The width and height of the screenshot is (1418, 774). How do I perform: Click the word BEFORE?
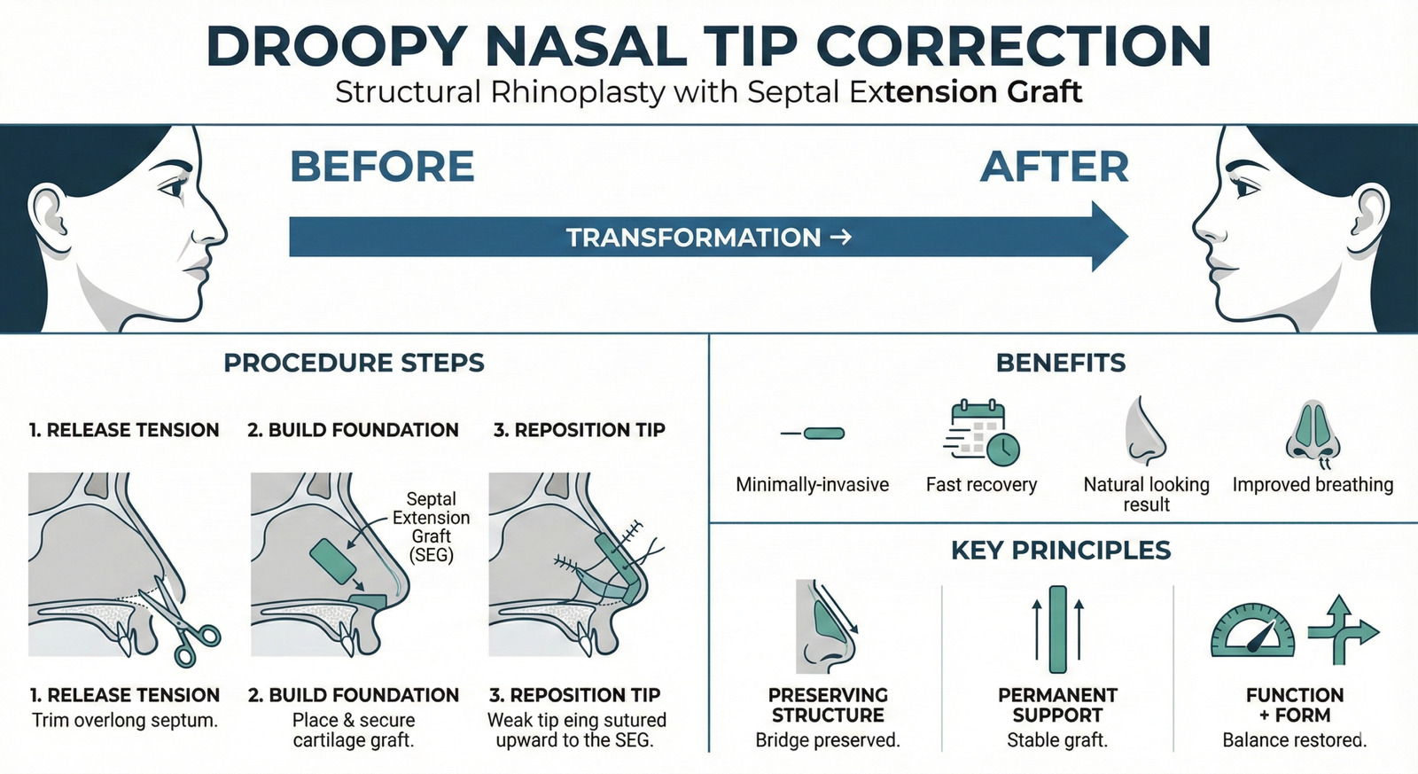(x=382, y=167)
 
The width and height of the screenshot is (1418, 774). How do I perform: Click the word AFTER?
(x=1055, y=167)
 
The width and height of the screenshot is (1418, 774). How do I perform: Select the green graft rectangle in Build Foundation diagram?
(x=333, y=561)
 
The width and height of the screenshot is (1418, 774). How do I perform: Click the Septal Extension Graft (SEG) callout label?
(x=432, y=527)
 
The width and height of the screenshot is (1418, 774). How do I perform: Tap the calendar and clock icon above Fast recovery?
(x=982, y=433)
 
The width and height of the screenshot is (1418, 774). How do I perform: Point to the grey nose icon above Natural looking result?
(x=1145, y=432)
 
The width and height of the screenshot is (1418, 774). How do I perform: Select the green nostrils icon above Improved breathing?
(x=1313, y=433)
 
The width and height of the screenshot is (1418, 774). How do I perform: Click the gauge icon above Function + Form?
(x=1252, y=631)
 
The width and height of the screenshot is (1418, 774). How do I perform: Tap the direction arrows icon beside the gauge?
(x=1341, y=630)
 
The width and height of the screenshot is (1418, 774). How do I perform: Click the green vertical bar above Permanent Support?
(x=1057, y=629)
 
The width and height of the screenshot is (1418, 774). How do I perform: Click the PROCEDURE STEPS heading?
(x=354, y=363)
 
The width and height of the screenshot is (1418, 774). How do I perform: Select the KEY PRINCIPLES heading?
(x=1061, y=551)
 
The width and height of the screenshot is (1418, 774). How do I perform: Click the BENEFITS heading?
(x=1061, y=363)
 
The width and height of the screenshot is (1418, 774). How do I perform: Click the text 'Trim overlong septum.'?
(x=125, y=720)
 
